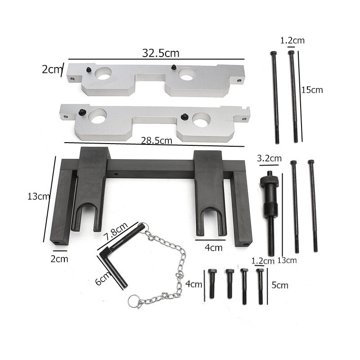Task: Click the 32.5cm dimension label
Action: [x=161, y=53]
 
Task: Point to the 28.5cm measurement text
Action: [x=157, y=140]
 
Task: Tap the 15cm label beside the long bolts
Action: [x=313, y=90]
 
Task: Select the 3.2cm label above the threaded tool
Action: [x=269, y=158]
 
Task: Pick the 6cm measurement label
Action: [x=103, y=280]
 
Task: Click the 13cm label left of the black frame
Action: [x=38, y=197]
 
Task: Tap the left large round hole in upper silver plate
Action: [x=104, y=73]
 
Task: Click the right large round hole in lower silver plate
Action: [x=201, y=120]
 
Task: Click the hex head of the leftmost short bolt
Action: [x=212, y=272]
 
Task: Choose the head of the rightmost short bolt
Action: [x=260, y=271]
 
